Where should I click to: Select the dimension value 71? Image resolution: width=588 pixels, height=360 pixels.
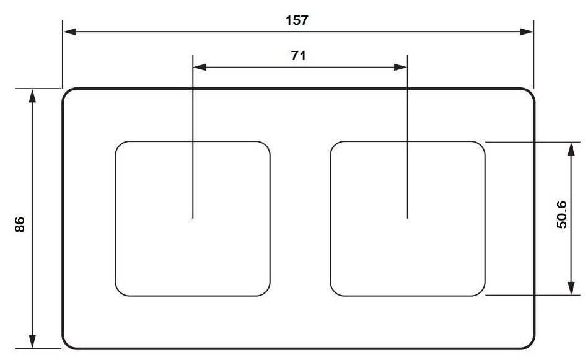299,55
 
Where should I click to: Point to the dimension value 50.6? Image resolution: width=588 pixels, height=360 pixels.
561,214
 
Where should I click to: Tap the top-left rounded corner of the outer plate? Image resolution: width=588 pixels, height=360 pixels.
68,94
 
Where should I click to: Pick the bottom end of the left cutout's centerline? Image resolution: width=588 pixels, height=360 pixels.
193,217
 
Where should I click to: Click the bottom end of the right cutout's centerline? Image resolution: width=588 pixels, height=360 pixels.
407,217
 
